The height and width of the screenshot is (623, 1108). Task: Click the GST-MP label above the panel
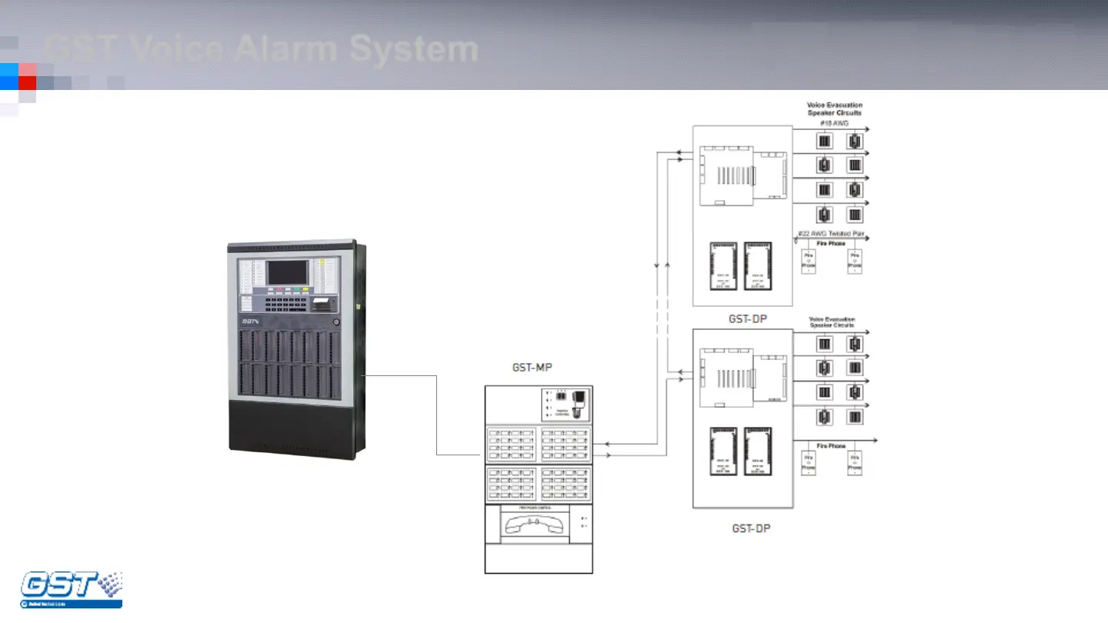tap(532, 368)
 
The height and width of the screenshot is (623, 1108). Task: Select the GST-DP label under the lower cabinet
tap(750, 528)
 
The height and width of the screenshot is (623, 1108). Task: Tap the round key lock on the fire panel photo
tap(335, 321)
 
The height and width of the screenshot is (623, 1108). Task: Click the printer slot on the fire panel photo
tap(323, 302)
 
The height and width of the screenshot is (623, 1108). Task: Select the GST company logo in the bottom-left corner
tap(70, 589)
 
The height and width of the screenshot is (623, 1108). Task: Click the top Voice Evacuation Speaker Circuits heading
tap(834, 108)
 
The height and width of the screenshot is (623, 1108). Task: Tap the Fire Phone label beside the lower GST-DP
tap(826, 446)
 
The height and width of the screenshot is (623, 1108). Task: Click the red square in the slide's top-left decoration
tap(27, 82)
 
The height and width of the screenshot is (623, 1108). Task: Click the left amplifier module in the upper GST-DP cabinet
tap(723, 267)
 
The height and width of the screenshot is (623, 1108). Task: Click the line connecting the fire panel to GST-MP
tap(437, 415)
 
